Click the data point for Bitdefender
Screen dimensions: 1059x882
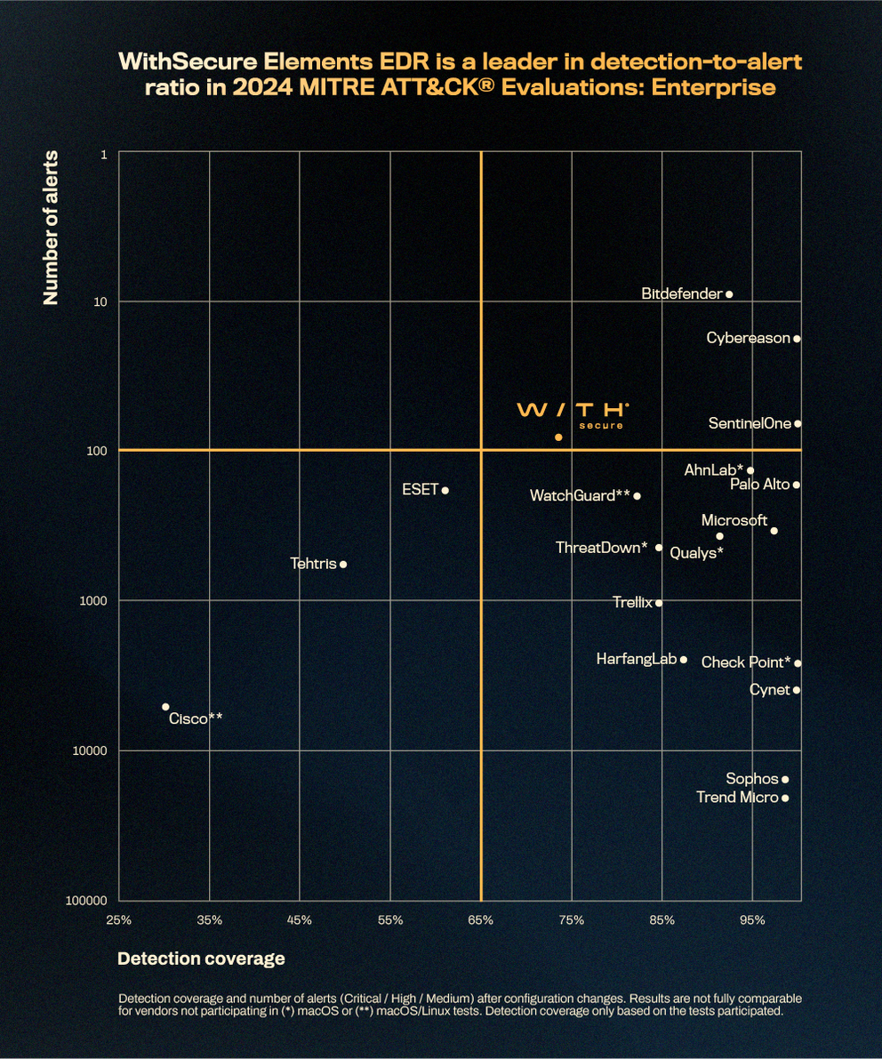point(729,294)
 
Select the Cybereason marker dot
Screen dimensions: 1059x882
point(797,339)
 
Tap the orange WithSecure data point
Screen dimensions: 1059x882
point(558,437)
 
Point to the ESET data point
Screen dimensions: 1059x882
point(445,491)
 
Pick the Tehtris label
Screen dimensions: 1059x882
point(313,564)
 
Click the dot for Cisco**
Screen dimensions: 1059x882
point(165,707)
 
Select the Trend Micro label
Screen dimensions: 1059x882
point(737,798)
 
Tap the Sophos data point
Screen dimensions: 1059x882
point(784,780)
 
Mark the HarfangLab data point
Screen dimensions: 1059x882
point(684,660)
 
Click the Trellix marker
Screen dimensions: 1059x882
point(659,603)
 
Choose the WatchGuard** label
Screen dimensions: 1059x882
point(580,495)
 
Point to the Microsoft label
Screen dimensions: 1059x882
point(734,520)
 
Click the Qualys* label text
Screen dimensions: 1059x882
point(696,553)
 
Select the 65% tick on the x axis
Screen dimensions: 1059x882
point(481,920)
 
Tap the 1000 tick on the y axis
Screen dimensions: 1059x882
point(93,601)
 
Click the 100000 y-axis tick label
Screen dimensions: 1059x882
point(86,901)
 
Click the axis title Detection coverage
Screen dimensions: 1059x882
point(201,959)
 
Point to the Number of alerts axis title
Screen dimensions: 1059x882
point(52,228)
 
